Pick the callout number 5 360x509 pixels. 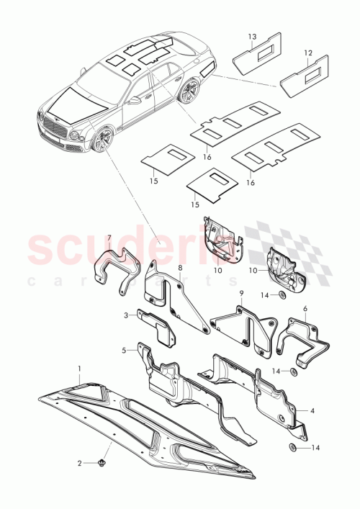[x=125, y=351]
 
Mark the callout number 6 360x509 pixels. [x=305, y=308]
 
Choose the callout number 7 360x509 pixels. [x=109, y=238]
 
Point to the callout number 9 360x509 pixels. [x=243, y=294]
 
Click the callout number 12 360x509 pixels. [x=307, y=53]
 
